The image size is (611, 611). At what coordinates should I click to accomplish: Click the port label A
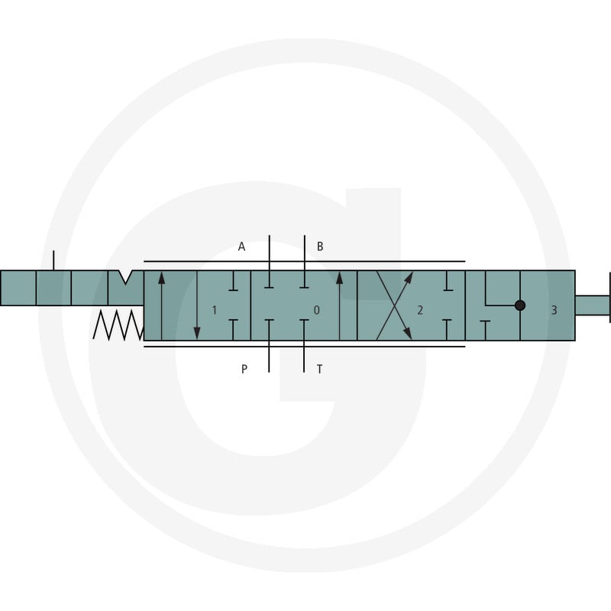click(x=241, y=247)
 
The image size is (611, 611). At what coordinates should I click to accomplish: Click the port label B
click(x=320, y=247)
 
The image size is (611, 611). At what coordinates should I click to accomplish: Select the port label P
click(x=244, y=369)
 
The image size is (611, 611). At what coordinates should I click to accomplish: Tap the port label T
click(x=319, y=369)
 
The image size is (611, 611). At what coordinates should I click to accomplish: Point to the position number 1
click(x=214, y=310)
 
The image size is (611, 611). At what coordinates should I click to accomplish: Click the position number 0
click(x=316, y=310)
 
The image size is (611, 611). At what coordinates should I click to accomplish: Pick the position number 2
click(x=420, y=310)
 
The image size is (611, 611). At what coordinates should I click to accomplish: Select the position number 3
click(x=554, y=310)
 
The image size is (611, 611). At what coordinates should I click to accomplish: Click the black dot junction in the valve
click(x=520, y=305)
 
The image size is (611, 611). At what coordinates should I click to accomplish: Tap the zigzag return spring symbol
click(x=118, y=325)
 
